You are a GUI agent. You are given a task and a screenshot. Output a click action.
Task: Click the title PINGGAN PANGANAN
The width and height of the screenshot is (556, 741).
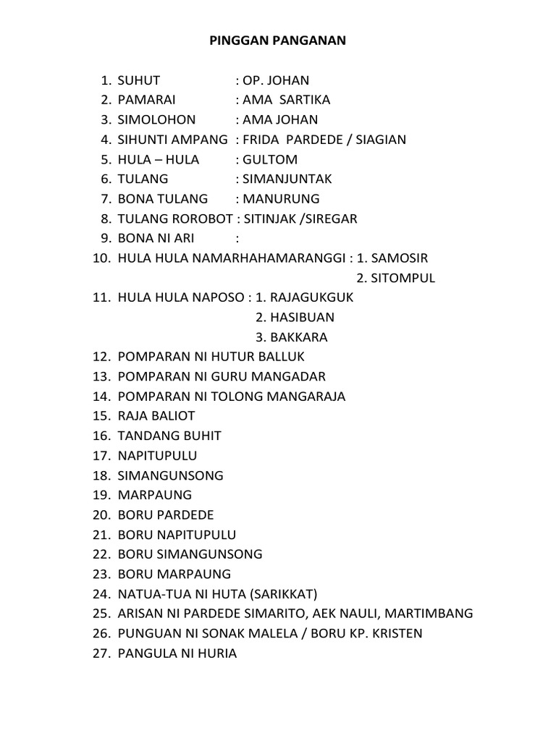(278, 41)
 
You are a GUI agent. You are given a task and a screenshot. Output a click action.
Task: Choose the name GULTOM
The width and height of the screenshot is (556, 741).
(270, 159)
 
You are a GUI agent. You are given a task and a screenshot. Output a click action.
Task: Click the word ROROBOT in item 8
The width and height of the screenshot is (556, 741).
(192, 219)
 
